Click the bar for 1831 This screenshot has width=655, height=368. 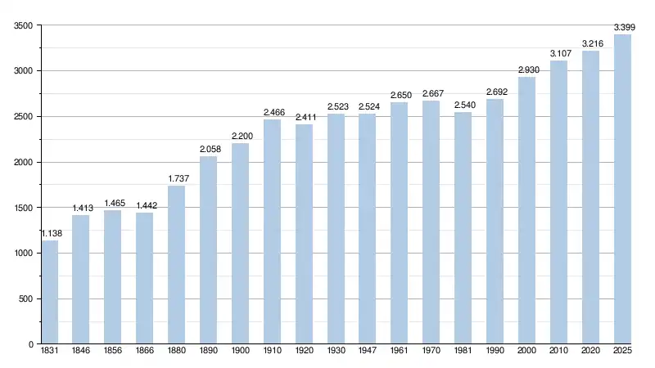point(49,292)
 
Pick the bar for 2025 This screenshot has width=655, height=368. point(622,189)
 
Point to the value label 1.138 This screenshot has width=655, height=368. point(50,234)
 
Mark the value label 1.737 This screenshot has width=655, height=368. point(177,179)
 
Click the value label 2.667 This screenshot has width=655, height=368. point(431,94)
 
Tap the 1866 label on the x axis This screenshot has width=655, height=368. point(145,352)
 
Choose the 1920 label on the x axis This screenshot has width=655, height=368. point(304,352)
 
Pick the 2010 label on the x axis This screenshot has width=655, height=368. point(558,352)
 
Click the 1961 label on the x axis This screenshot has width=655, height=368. point(400,352)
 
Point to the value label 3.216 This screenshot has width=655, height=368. point(590,44)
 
